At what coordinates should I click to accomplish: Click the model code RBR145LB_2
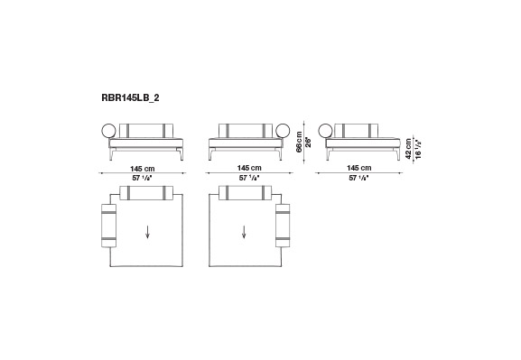click(130, 98)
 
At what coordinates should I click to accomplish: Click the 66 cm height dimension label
click(300, 142)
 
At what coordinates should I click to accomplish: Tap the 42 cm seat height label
click(409, 149)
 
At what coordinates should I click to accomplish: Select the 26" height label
click(308, 143)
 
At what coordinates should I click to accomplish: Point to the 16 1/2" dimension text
click(418, 149)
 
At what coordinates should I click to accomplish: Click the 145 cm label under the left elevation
click(142, 169)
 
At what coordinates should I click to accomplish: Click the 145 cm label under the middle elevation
click(249, 168)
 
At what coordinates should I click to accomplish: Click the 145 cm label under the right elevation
click(359, 168)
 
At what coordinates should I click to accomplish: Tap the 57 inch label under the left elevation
click(142, 178)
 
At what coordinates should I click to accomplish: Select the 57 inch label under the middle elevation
click(249, 178)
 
